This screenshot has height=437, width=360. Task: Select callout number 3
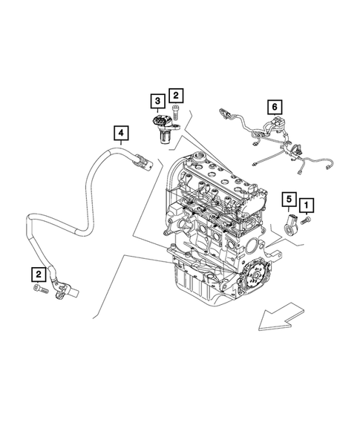(x=157, y=100)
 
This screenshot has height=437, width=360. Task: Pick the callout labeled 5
(x=287, y=199)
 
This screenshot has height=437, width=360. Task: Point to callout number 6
(x=274, y=108)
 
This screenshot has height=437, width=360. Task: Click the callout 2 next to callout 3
(x=175, y=95)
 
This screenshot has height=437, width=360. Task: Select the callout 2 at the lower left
(x=39, y=274)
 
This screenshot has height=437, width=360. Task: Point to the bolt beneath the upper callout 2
(x=176, y=114)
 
